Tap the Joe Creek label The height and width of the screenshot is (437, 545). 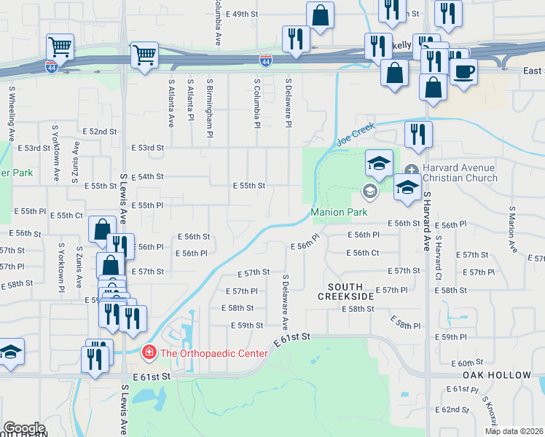pos(356,133)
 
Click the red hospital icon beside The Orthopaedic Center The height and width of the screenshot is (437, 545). pos(149,353)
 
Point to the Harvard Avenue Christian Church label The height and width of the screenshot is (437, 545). pos(458,173)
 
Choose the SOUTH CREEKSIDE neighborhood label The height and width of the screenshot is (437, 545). pos(345,292)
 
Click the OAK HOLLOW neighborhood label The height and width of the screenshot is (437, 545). pos(497,375)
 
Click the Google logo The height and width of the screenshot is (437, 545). pos(24,428)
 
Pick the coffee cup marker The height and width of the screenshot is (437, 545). pos(463,71)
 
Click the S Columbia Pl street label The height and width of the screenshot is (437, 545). pos(257,102)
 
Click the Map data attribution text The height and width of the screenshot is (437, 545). pos(514,430)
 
